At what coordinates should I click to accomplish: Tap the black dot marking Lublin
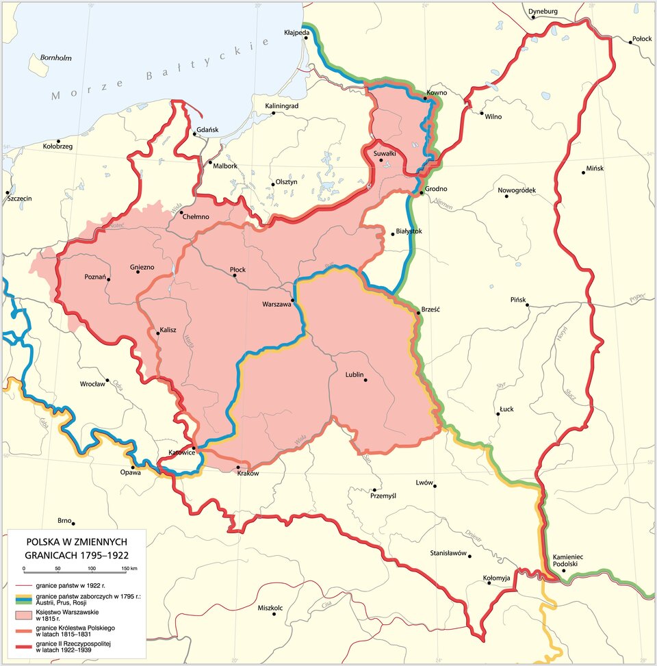(365, 381)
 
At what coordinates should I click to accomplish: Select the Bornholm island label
(55, 58)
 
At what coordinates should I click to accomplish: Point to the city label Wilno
(493, 117)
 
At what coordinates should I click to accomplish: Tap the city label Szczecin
(20, 198)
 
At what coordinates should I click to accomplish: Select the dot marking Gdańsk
(194, 135)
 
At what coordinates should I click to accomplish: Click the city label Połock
(642, 40)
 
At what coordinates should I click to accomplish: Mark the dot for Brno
(73, 522)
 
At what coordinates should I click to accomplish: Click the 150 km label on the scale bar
(129, 569)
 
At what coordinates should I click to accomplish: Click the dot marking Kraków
(237, 468)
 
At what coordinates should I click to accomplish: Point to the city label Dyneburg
(543, 11)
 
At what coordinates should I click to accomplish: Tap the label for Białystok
(409, 231)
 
